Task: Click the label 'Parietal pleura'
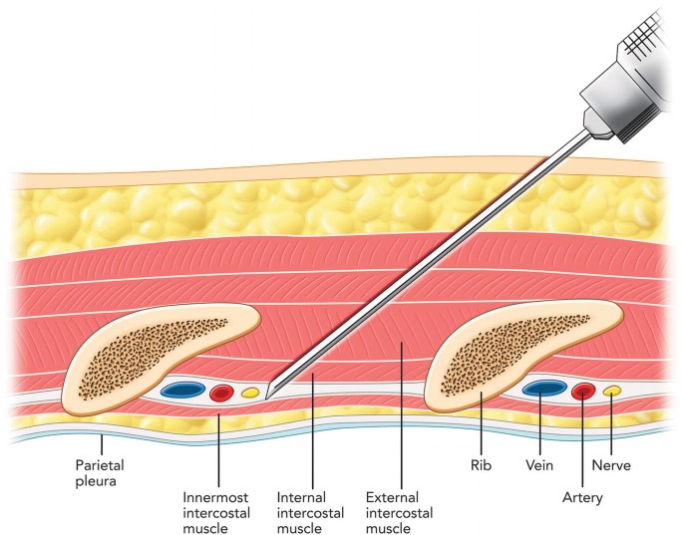tap(100, 472)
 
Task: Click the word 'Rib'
tap(481, 464)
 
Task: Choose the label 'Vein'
tap(539, 464)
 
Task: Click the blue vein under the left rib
tap(184, 390)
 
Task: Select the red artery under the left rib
tap(222, 393)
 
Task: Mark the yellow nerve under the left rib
tap(250, 393)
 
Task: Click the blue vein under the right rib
tap(543, 387)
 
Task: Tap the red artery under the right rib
tap(583, 390)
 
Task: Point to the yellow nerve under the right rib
tap(613, 390)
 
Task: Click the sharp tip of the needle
tap(270, 391)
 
